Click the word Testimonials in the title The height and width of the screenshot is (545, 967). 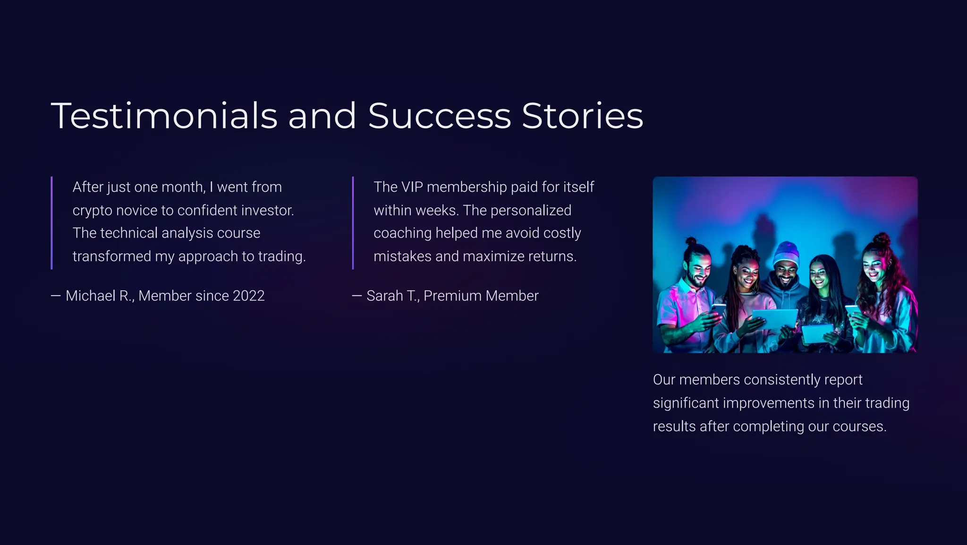tap(164, 116)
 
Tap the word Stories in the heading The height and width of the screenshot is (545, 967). tap(582, 116)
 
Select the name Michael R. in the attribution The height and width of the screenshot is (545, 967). tap(100, 296)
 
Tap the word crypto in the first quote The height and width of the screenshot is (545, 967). tap(92, 211)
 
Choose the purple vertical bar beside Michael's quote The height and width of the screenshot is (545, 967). tap(51, 223)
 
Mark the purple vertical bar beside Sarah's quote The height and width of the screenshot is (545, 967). tap(353, 223)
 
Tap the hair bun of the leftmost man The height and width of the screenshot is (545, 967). tap(691, 241)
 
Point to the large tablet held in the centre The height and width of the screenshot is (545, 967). tap(774, 319)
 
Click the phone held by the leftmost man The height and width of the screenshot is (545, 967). tap(718, 309)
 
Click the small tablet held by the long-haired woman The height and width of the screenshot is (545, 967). tap(817, 332)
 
